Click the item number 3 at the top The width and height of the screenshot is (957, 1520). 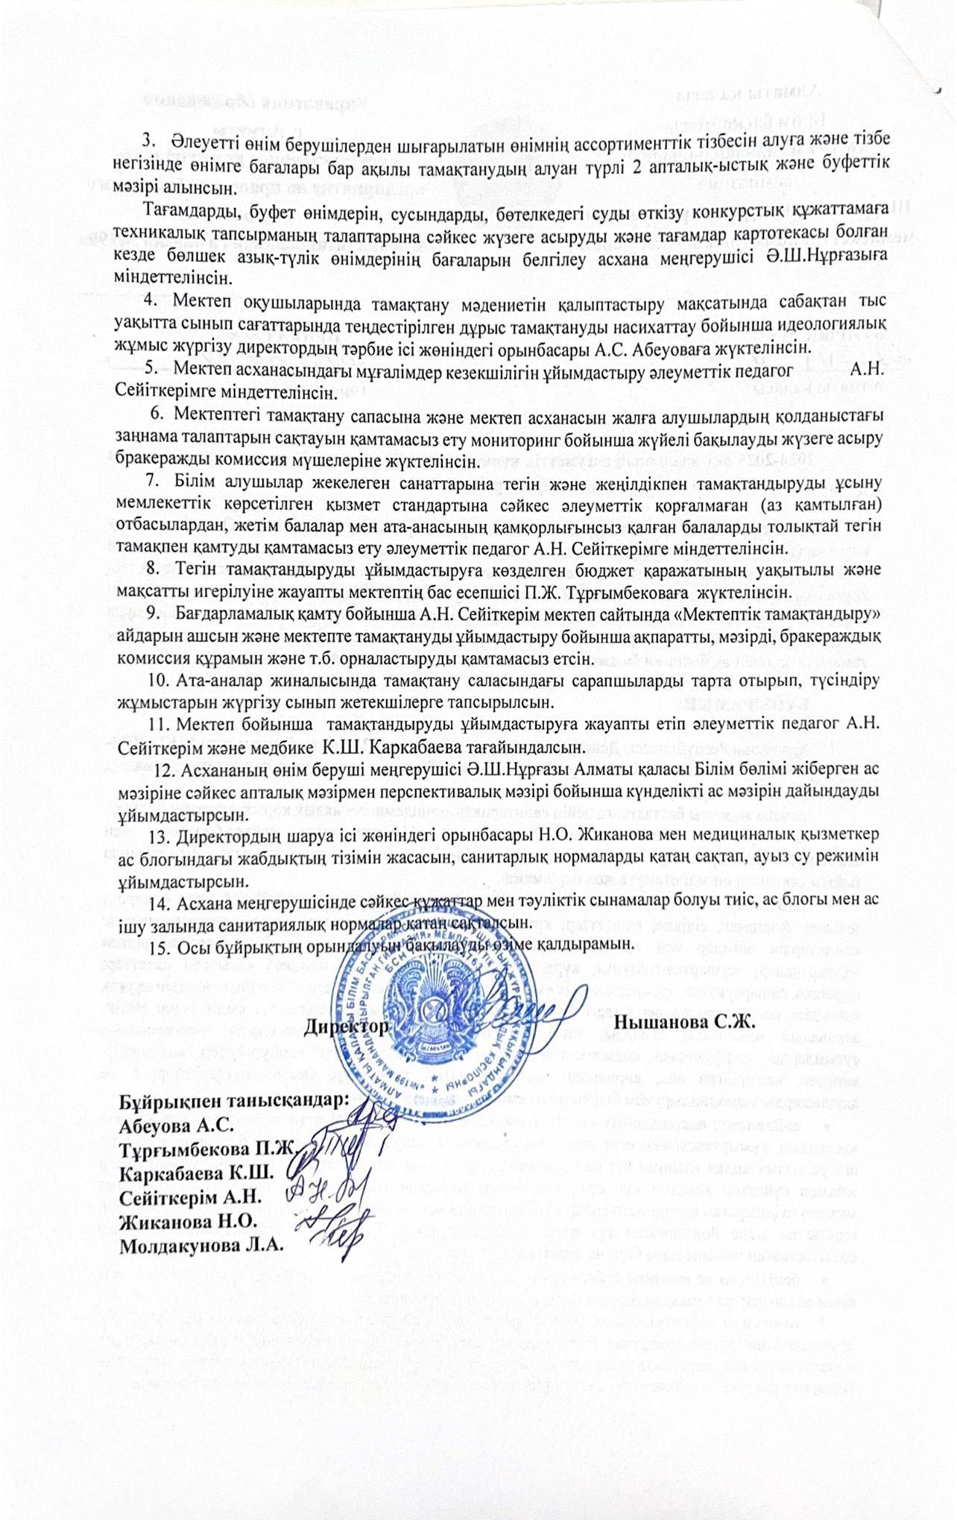click(x=148, y=139)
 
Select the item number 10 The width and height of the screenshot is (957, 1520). click(x=161, y=680)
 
